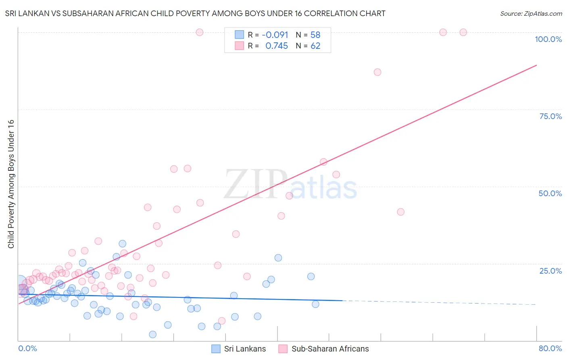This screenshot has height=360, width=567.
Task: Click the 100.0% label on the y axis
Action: point(548,39)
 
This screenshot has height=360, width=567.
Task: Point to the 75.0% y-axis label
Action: point(550,116)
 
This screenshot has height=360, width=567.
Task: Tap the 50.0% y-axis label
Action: point(550,193)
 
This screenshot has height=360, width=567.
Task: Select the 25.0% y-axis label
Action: point(550,271)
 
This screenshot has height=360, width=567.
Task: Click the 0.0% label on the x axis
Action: point(27,348)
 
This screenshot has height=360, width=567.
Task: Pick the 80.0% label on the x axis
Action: point(550,348)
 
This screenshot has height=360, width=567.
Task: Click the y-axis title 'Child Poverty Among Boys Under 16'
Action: point(11,184)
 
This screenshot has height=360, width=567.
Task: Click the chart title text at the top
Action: point(195,13)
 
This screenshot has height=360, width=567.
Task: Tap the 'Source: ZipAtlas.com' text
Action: point(531,14)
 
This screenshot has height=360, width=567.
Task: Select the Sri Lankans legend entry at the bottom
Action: point(239,349)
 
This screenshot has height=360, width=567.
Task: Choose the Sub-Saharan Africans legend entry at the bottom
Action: point(324,349)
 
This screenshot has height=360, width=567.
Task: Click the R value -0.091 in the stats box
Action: point(275,35)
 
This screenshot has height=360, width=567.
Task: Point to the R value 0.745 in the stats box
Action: point(277,46)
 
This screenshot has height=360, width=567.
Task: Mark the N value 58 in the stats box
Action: point(315,35)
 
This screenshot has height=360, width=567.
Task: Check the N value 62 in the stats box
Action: point(315,46)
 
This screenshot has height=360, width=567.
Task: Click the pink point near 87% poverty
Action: point(377,72)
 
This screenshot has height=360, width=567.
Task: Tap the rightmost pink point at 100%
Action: point(463,32)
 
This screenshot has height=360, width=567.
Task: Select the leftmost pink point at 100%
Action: point(200,32)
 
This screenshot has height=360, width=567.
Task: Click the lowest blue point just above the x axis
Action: point(153,335)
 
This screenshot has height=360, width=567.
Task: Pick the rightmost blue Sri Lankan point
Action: point(316,304)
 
